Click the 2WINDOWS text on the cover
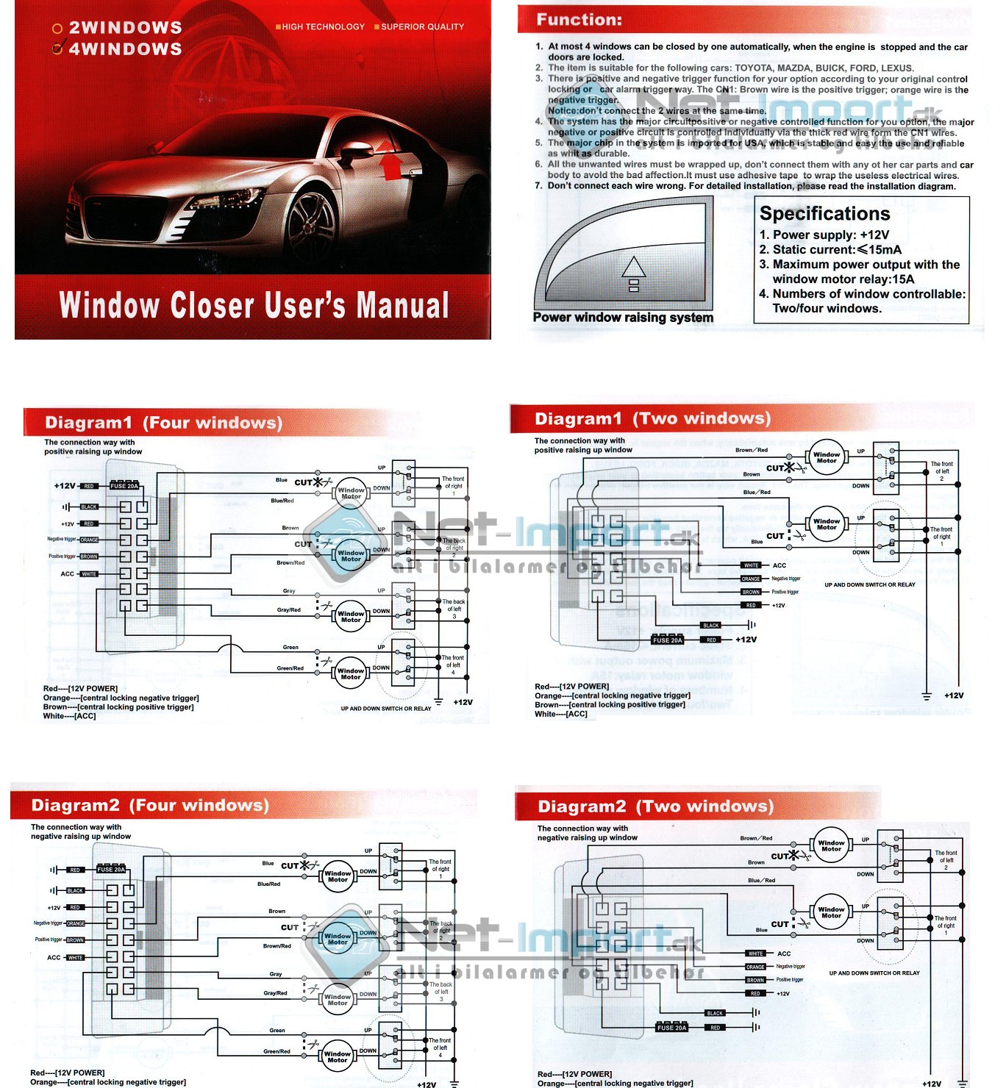(x=125, y=28)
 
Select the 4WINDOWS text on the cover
(x=125, y=49)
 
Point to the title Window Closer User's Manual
(x=254, y=306)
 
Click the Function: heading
(x=579, y=20)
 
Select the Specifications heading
(x=824, y=214)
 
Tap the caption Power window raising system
(x=623, y=318)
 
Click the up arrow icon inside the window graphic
(x=633, y=273)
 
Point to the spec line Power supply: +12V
(x=830, y=235)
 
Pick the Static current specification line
(x=836, y=250)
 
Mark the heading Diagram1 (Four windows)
(x=163, y=423)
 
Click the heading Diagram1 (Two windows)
(x=652, y=419)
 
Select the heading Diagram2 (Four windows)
(x=150, y=806)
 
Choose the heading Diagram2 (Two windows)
(x=655, y=807)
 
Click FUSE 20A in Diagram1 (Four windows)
(x=124, y=486)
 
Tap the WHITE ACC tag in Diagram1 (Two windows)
(x=752, y=565)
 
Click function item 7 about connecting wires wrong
(x=751, y=187)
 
